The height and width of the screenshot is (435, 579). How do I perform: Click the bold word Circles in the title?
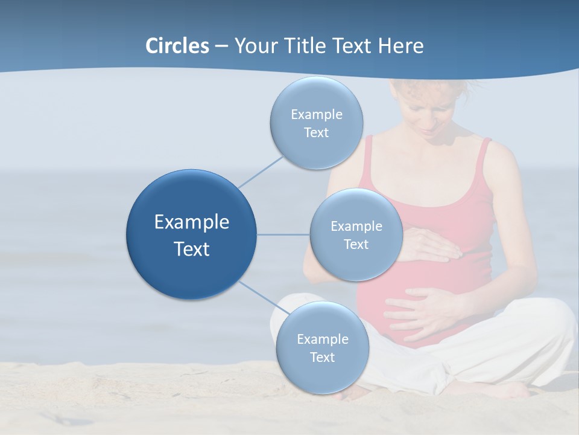click(x=177, y=46)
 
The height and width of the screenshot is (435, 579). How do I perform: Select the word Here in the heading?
click(x=400, y=46)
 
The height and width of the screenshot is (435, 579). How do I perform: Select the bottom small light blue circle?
click(x=322, y=375)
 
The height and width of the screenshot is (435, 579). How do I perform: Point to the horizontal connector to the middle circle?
click(x=283, y=234)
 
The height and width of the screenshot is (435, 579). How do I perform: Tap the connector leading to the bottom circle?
click(x=259, y=296)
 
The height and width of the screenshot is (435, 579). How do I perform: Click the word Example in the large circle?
click(x=191, y=222)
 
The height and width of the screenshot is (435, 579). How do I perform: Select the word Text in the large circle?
click(x=191, y=249)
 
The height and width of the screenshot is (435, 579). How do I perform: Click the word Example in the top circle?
click(x=316, y=114)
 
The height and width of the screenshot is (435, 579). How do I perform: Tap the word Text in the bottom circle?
click(x=322, y=357)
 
